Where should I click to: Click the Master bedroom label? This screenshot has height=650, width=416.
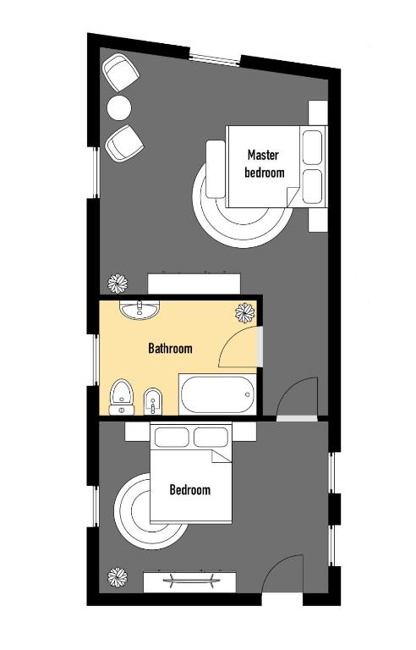click(x=264, y=163)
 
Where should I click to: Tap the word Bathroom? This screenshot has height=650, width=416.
click(x=170, y=348)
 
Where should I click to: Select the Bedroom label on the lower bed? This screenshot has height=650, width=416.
click(x=189, y=489)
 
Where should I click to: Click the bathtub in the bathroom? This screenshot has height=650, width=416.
click(x=216, y=394)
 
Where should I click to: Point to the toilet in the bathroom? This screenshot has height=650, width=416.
click(x=122, y=396)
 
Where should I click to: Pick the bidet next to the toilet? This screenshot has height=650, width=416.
click(x=153, y=399)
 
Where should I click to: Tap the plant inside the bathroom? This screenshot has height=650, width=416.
click(x=245, y=312)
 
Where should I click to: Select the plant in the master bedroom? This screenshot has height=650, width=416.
click(x=117, y=284)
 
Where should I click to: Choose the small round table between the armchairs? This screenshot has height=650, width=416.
click(x=119, y=107)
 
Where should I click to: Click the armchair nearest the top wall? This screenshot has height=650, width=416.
click(x=121, y=74)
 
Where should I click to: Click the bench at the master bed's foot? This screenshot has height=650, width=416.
click(x=215, y=168)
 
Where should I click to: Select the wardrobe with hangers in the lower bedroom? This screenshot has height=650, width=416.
click(x=191, y=581)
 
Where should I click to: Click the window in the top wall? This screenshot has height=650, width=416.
click(x=215, y=58)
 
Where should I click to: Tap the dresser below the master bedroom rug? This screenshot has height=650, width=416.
click(x=195, y=282)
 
